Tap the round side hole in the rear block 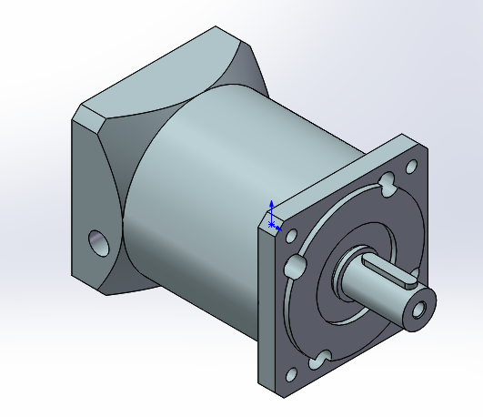pyautogui.click(x=97, y=242)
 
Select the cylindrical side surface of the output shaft pyautogui.click(x=373, y=291)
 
